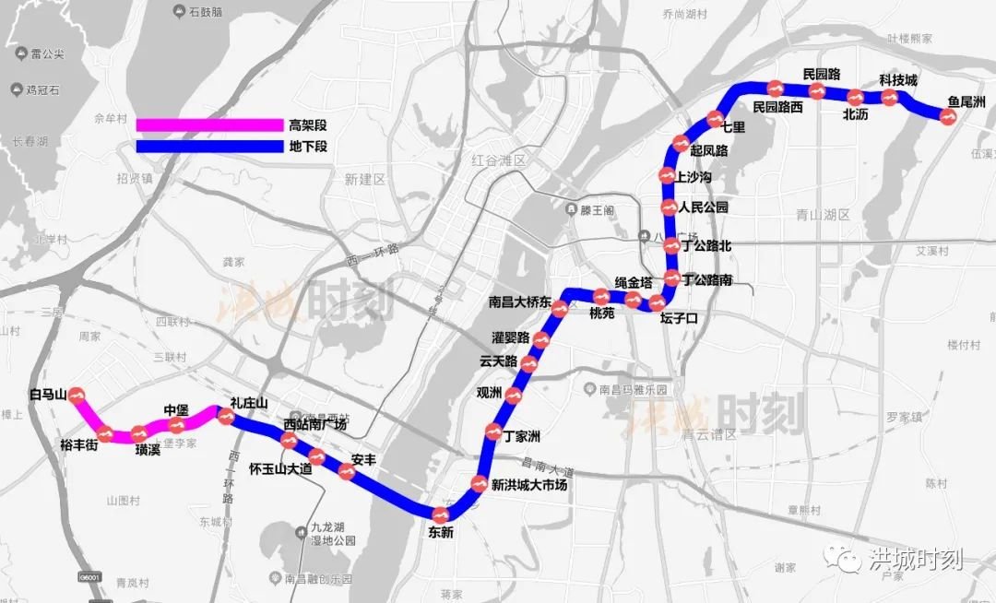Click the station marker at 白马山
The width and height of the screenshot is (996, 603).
pyautogui.click(x=77, y=396)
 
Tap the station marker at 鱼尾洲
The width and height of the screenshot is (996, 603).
pyautogui.click(x=946, y=115)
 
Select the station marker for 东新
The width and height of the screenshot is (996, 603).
pyautogui.click(x=440, y=513)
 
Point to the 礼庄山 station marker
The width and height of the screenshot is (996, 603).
pyautogui.click(x=224, y=416)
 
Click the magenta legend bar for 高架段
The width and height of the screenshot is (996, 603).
pyautogui.click(x=208, y=124)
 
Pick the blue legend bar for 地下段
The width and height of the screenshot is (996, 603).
pyautogui.click(x=208, y=146)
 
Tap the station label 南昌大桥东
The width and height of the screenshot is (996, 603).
pyautogui.click(x=520, y=301)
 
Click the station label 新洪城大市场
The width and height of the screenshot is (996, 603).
pyautogui.click(x=528, y=485)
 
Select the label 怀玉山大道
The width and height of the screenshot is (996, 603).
pyautogui.click(x=280, y=468)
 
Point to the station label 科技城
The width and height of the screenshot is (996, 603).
pyautogui.click(x=897, y=80)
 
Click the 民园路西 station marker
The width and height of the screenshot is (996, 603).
pyautogui.click(x=777, y=89)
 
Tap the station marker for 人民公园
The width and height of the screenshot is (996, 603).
pyautogui.click(x=670, y=208)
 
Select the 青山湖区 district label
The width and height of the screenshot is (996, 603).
pyautogui.click(x=822, y=214)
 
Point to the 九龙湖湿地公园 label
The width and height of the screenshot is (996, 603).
pyautogui.click(x=326, y=535)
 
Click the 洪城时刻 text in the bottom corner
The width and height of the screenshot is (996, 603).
pyautogui.click(x=917, y=559)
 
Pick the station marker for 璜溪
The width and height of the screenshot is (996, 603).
pyautogui.click(x=139, y=433)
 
